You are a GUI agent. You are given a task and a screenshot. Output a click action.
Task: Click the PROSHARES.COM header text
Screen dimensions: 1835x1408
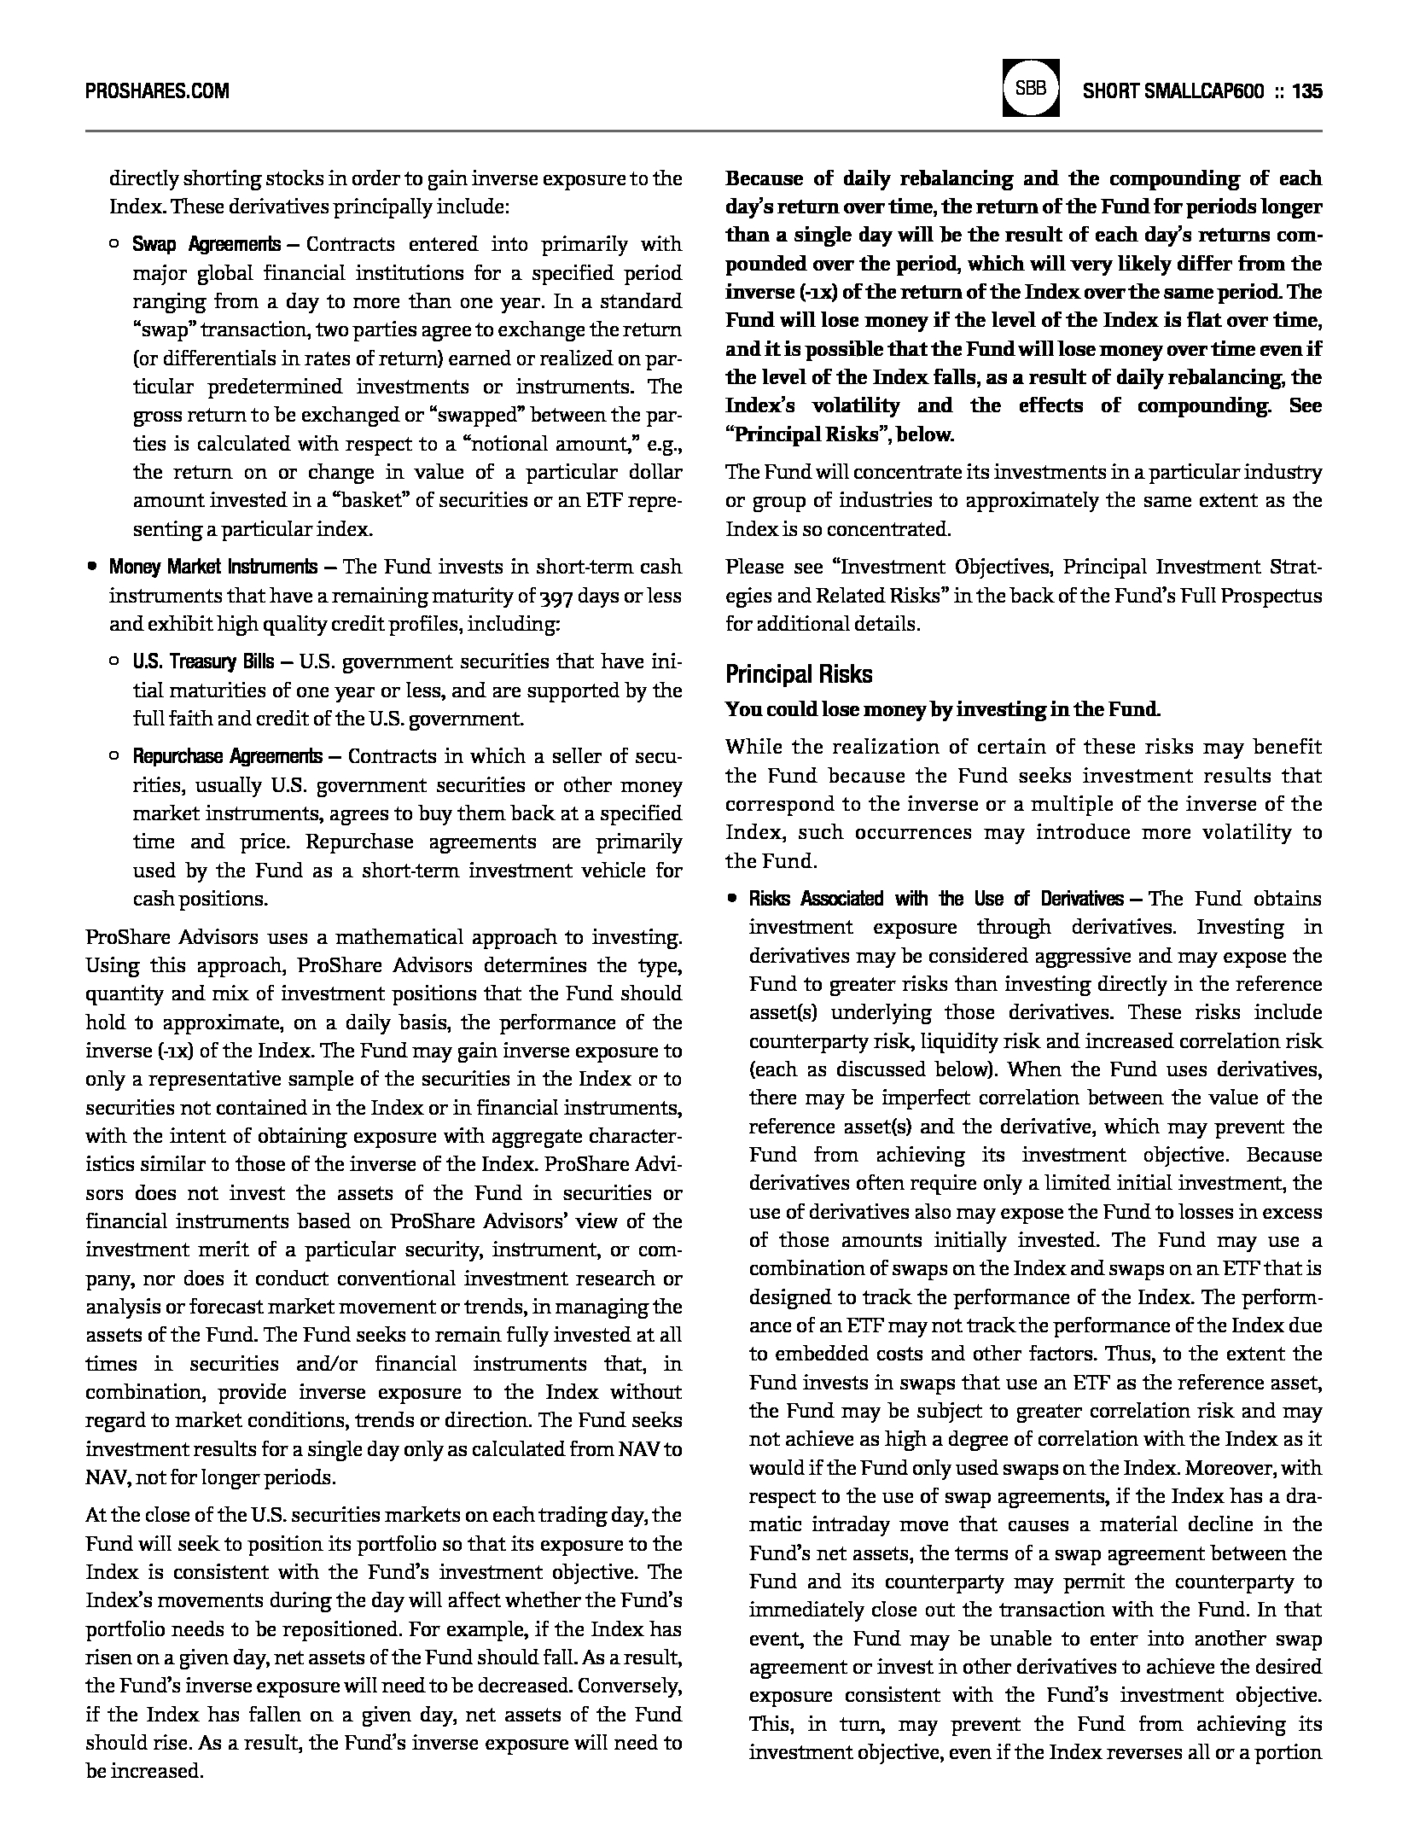(157, 90)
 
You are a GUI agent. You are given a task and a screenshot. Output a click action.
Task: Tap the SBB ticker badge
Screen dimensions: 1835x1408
(1031, 87)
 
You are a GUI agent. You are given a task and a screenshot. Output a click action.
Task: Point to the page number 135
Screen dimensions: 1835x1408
(1307, 90)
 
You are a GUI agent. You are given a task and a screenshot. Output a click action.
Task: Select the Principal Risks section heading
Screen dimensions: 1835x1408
(799, 674)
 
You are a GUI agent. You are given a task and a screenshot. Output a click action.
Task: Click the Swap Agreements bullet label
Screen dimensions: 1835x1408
(206, 245)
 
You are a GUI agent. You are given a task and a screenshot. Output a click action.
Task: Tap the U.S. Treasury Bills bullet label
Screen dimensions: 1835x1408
(203, 661)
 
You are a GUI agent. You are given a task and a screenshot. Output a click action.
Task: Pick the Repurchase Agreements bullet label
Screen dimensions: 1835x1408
(227, 756)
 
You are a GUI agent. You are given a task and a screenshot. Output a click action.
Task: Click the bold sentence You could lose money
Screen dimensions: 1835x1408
(942, 709)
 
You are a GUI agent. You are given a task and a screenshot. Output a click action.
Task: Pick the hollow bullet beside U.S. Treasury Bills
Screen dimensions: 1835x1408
(113, 661)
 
